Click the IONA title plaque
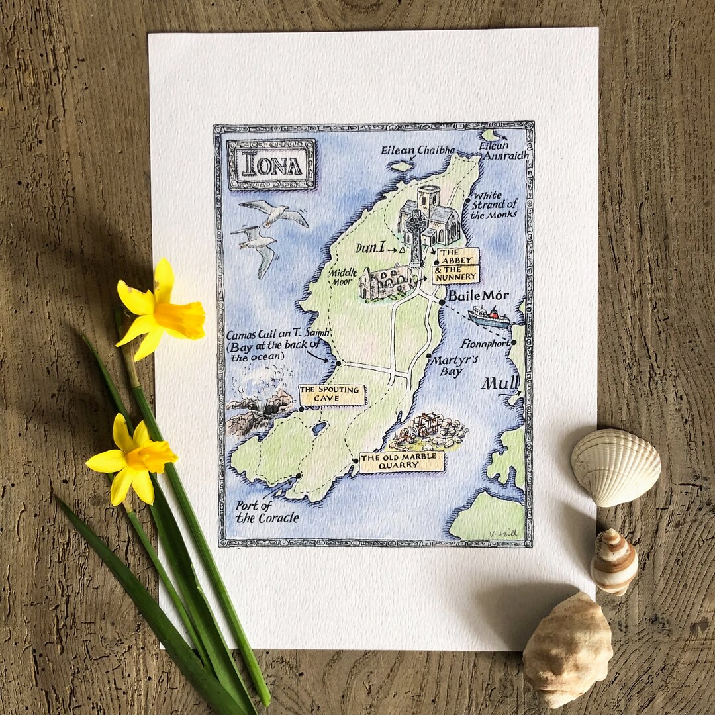point(272,165)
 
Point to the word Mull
point(500,383)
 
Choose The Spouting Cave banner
point(332,395)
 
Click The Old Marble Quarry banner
point(401,461)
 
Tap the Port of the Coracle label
point(267,511)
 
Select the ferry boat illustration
point(490,318)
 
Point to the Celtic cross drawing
point(416,235)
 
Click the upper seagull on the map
point(275,213)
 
